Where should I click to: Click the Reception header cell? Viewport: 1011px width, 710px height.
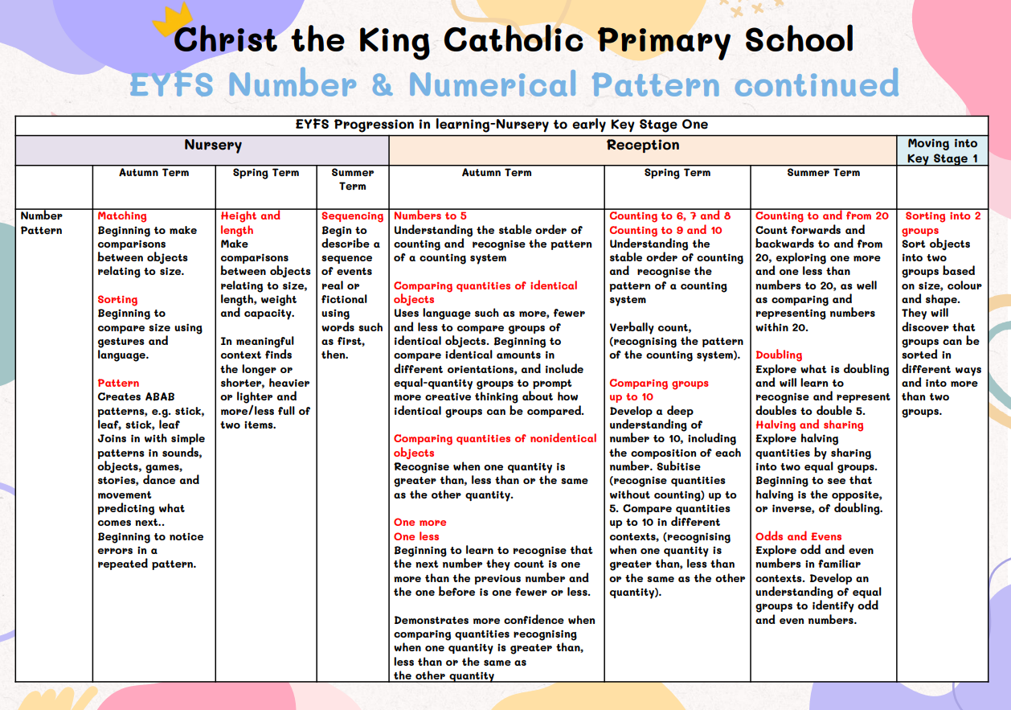click(x=643, y=146)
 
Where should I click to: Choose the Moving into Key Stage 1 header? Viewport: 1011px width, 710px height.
click(x=942, y=151)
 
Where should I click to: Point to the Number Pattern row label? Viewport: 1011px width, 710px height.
click(x=42, y=223)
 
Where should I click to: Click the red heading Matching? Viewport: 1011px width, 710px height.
click(x=122, y=216)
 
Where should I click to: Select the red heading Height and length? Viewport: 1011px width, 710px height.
click(x=250, y=223)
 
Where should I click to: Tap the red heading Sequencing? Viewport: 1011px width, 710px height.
click(x=353, y=216)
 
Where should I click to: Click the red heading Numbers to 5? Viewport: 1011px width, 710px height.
click(x=430, y=216)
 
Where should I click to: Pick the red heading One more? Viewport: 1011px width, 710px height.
click(x=420, y=523)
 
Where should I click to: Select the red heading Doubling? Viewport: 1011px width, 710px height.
click(x=779, y=355)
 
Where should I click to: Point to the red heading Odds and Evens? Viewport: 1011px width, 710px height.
click(x=799, y=536)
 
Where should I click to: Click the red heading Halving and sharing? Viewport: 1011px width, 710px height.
click(x=809, y=425)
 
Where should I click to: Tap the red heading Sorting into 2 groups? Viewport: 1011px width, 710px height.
click(x=942, y=223)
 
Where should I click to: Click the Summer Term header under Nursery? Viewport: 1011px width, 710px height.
click(x=352, y=179)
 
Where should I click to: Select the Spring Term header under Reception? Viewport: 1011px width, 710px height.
click(x=677, y=173)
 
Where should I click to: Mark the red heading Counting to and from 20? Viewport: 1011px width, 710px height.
click(x=822, y=216)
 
